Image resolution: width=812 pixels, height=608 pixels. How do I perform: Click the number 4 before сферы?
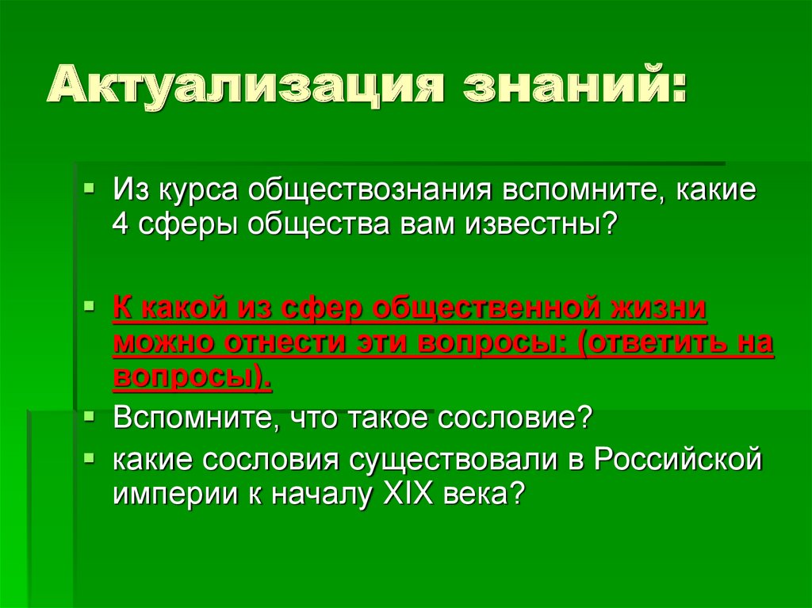pyautogui.click(x=121, y=225)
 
